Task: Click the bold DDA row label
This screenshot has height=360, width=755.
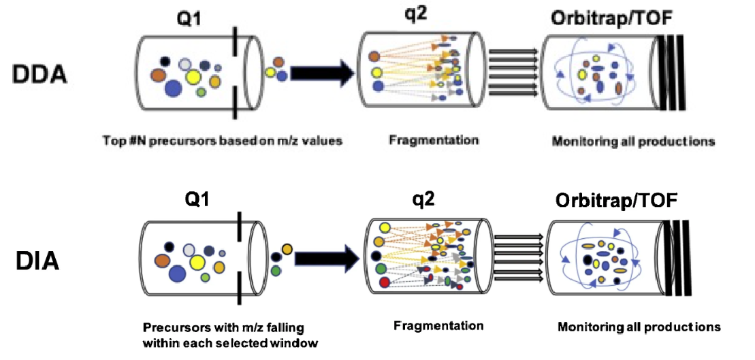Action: [40, 73]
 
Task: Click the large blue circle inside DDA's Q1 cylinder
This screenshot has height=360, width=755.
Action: [173, 88]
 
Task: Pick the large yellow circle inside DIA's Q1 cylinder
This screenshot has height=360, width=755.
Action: [198, 262]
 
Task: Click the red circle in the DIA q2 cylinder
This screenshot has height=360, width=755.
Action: [385, 282]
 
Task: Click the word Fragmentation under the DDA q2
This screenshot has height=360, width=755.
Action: [434, 140]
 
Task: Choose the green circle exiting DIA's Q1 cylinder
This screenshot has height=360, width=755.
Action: [276, 271]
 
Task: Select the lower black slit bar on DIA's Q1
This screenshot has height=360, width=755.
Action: [239, 291]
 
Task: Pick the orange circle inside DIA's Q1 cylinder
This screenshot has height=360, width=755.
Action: [163, 260]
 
